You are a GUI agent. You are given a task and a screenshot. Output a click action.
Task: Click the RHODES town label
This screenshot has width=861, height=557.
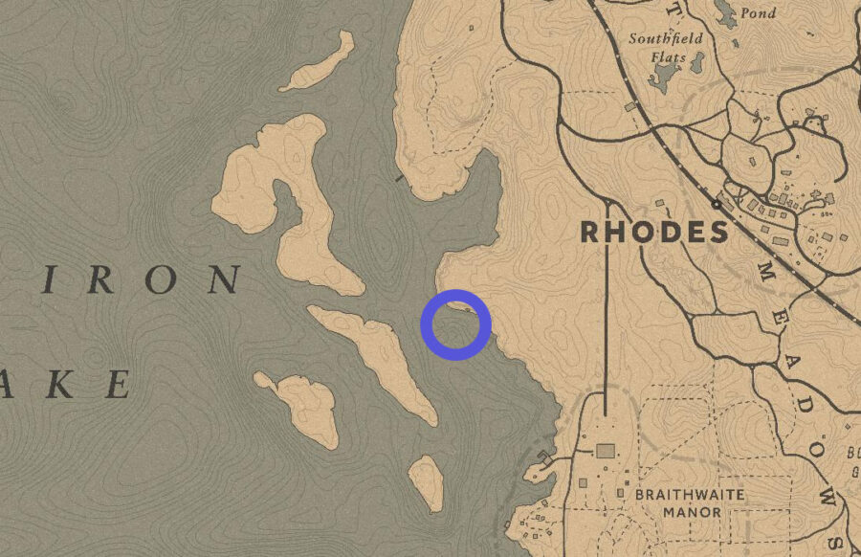pos(654,232)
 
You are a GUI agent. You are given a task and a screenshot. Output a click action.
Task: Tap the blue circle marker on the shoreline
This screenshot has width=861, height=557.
pos(456,324)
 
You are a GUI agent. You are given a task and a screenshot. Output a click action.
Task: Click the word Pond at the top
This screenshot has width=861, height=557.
pos(758,13)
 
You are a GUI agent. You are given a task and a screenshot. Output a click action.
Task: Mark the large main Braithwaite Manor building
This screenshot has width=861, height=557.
pos(605,451)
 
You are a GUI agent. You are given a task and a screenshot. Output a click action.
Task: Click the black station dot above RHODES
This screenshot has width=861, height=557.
pos(716,204)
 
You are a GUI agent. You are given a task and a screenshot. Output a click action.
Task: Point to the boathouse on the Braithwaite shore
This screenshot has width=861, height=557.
pos(543,457)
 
